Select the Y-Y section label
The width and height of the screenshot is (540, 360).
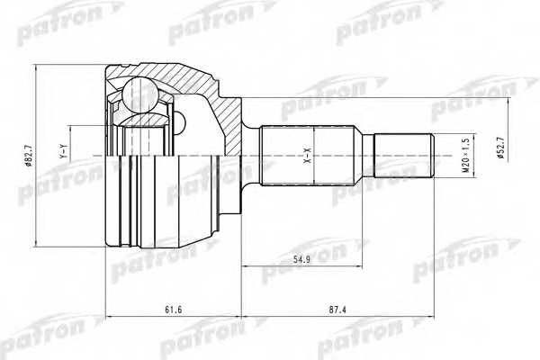pos(62,154)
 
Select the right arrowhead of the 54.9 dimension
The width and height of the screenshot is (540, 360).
pos(372,267)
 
